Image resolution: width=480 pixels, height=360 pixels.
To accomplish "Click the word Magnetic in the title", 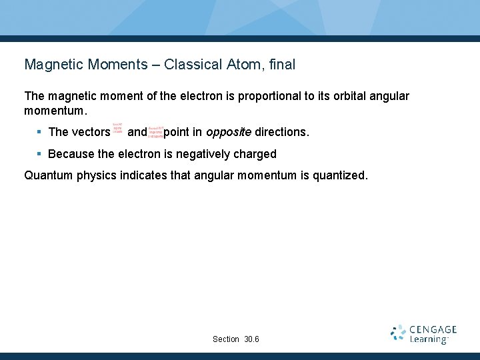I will point(52,65).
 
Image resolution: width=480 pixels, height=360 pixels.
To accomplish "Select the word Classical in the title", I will point(191,65).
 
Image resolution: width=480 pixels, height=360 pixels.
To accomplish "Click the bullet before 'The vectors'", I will point(39,132).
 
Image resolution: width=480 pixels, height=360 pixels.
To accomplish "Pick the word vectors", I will point(90,132).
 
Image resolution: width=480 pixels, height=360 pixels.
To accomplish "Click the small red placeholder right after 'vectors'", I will point(117,128).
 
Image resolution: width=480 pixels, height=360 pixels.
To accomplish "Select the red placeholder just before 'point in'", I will point(156,132).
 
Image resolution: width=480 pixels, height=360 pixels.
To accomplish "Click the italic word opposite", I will point(229,132).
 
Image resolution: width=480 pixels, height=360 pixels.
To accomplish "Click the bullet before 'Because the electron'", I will point(39,154).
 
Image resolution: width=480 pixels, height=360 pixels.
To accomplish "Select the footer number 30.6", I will point(252,339).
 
